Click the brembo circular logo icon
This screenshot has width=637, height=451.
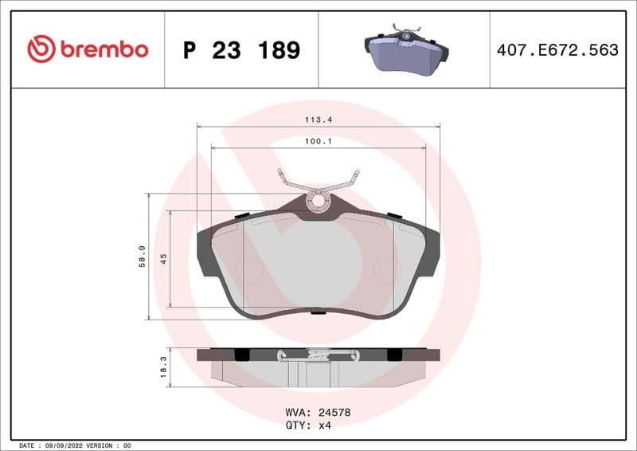click(41, 49)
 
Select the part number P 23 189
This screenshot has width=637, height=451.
click(241, 50)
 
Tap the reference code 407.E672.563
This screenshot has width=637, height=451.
click(557, 50)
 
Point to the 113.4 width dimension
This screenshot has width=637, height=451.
click(318, 120)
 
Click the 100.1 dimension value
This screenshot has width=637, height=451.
click(318, 141)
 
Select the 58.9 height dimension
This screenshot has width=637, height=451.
click(142, 257)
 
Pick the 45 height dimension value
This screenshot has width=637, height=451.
click(163, 258)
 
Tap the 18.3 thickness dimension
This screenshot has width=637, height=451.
click(163, 367)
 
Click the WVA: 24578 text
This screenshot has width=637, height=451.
click(318, 413)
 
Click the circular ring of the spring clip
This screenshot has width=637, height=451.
click(318, 200)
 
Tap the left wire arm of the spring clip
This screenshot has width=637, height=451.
click(288, 181)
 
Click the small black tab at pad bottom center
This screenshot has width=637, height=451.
click(318, 311)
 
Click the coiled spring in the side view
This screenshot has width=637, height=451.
click(318, 355)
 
